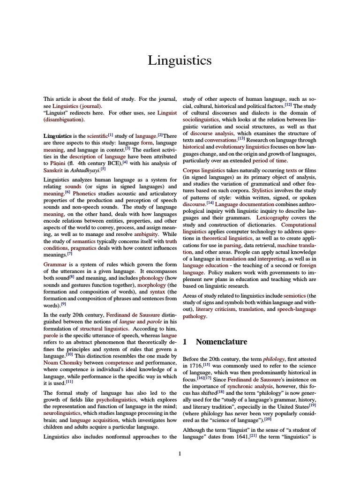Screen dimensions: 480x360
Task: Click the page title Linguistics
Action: pyautogui.click(x=180, y=60)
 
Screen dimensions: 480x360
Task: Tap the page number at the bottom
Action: pyautogui.click(x=180, y=453)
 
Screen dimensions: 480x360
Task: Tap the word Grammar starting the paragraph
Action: pyautogui.click(x=56, y=265)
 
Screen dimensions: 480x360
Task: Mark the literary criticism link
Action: pyautogui.click(x=216, y=309)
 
